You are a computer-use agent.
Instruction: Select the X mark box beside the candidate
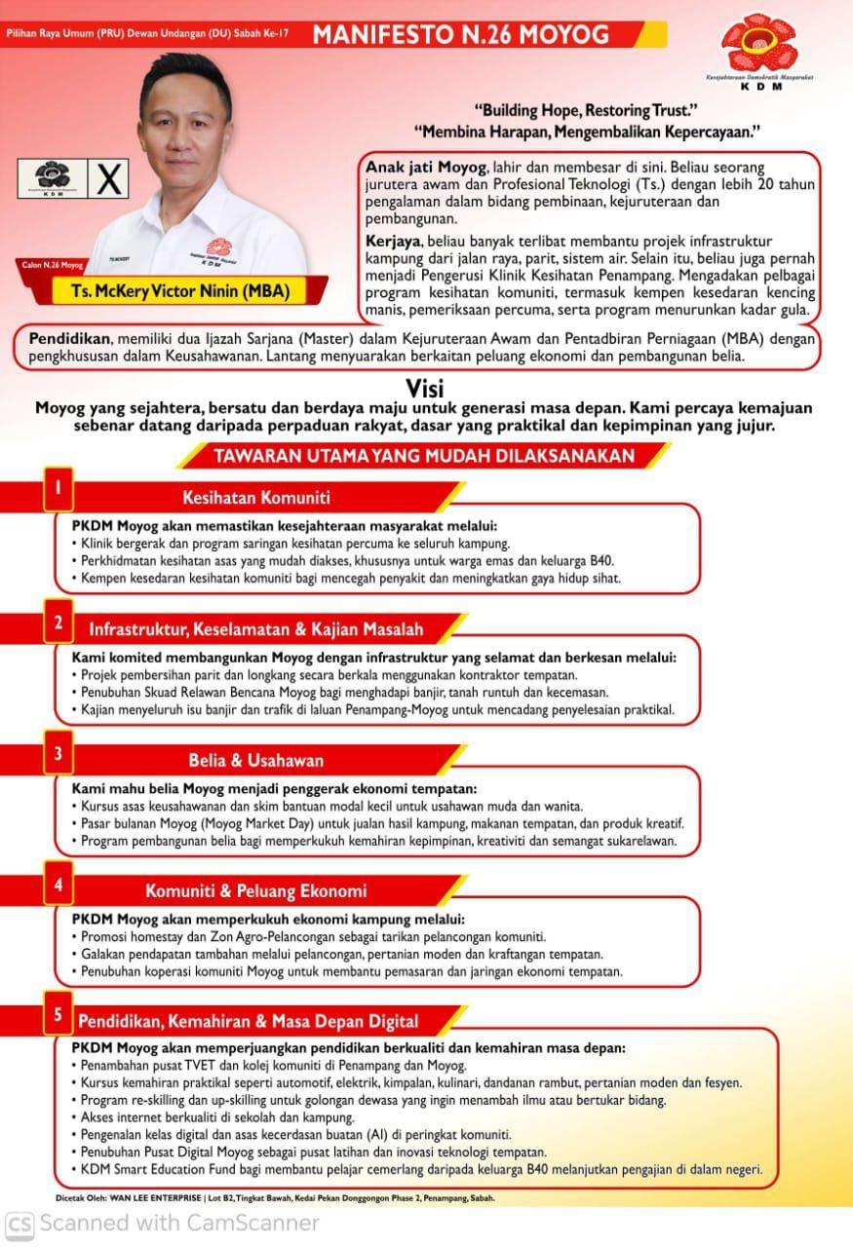[x=111, y=179]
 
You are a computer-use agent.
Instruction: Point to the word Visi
[x=425, y=387]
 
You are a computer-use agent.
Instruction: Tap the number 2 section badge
[x=58, y=623]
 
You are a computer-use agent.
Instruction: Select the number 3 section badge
[x=58, y=753]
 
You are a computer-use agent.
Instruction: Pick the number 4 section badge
[x=58, y=885]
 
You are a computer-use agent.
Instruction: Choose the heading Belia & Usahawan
[x=255, y=760]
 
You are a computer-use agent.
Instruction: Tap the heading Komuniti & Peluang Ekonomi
[x=255, y=890]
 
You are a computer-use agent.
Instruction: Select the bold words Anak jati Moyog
[x=423, y=167]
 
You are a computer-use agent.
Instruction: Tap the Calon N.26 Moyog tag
[x=53, y=264]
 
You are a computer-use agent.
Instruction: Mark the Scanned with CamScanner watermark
[x=162, y=1222]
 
